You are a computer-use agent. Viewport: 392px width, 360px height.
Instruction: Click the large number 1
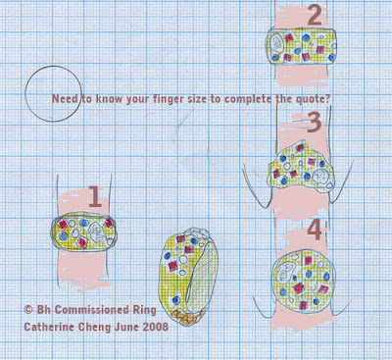click(96, 196)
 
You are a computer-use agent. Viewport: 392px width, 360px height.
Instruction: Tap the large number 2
click(315, 16)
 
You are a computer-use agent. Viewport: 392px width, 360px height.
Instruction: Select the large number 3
click(315, 123)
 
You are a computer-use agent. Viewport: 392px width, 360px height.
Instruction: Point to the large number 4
click(315, 230)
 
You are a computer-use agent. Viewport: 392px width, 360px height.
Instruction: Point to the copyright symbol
click(28, 309)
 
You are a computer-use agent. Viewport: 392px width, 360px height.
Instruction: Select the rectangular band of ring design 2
click(303, 46)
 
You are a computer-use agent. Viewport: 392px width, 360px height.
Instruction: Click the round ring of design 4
click(304, 281)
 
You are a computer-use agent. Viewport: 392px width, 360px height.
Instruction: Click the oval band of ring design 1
click(84, 232)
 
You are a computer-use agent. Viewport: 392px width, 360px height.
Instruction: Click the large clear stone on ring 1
click(96, 231)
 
